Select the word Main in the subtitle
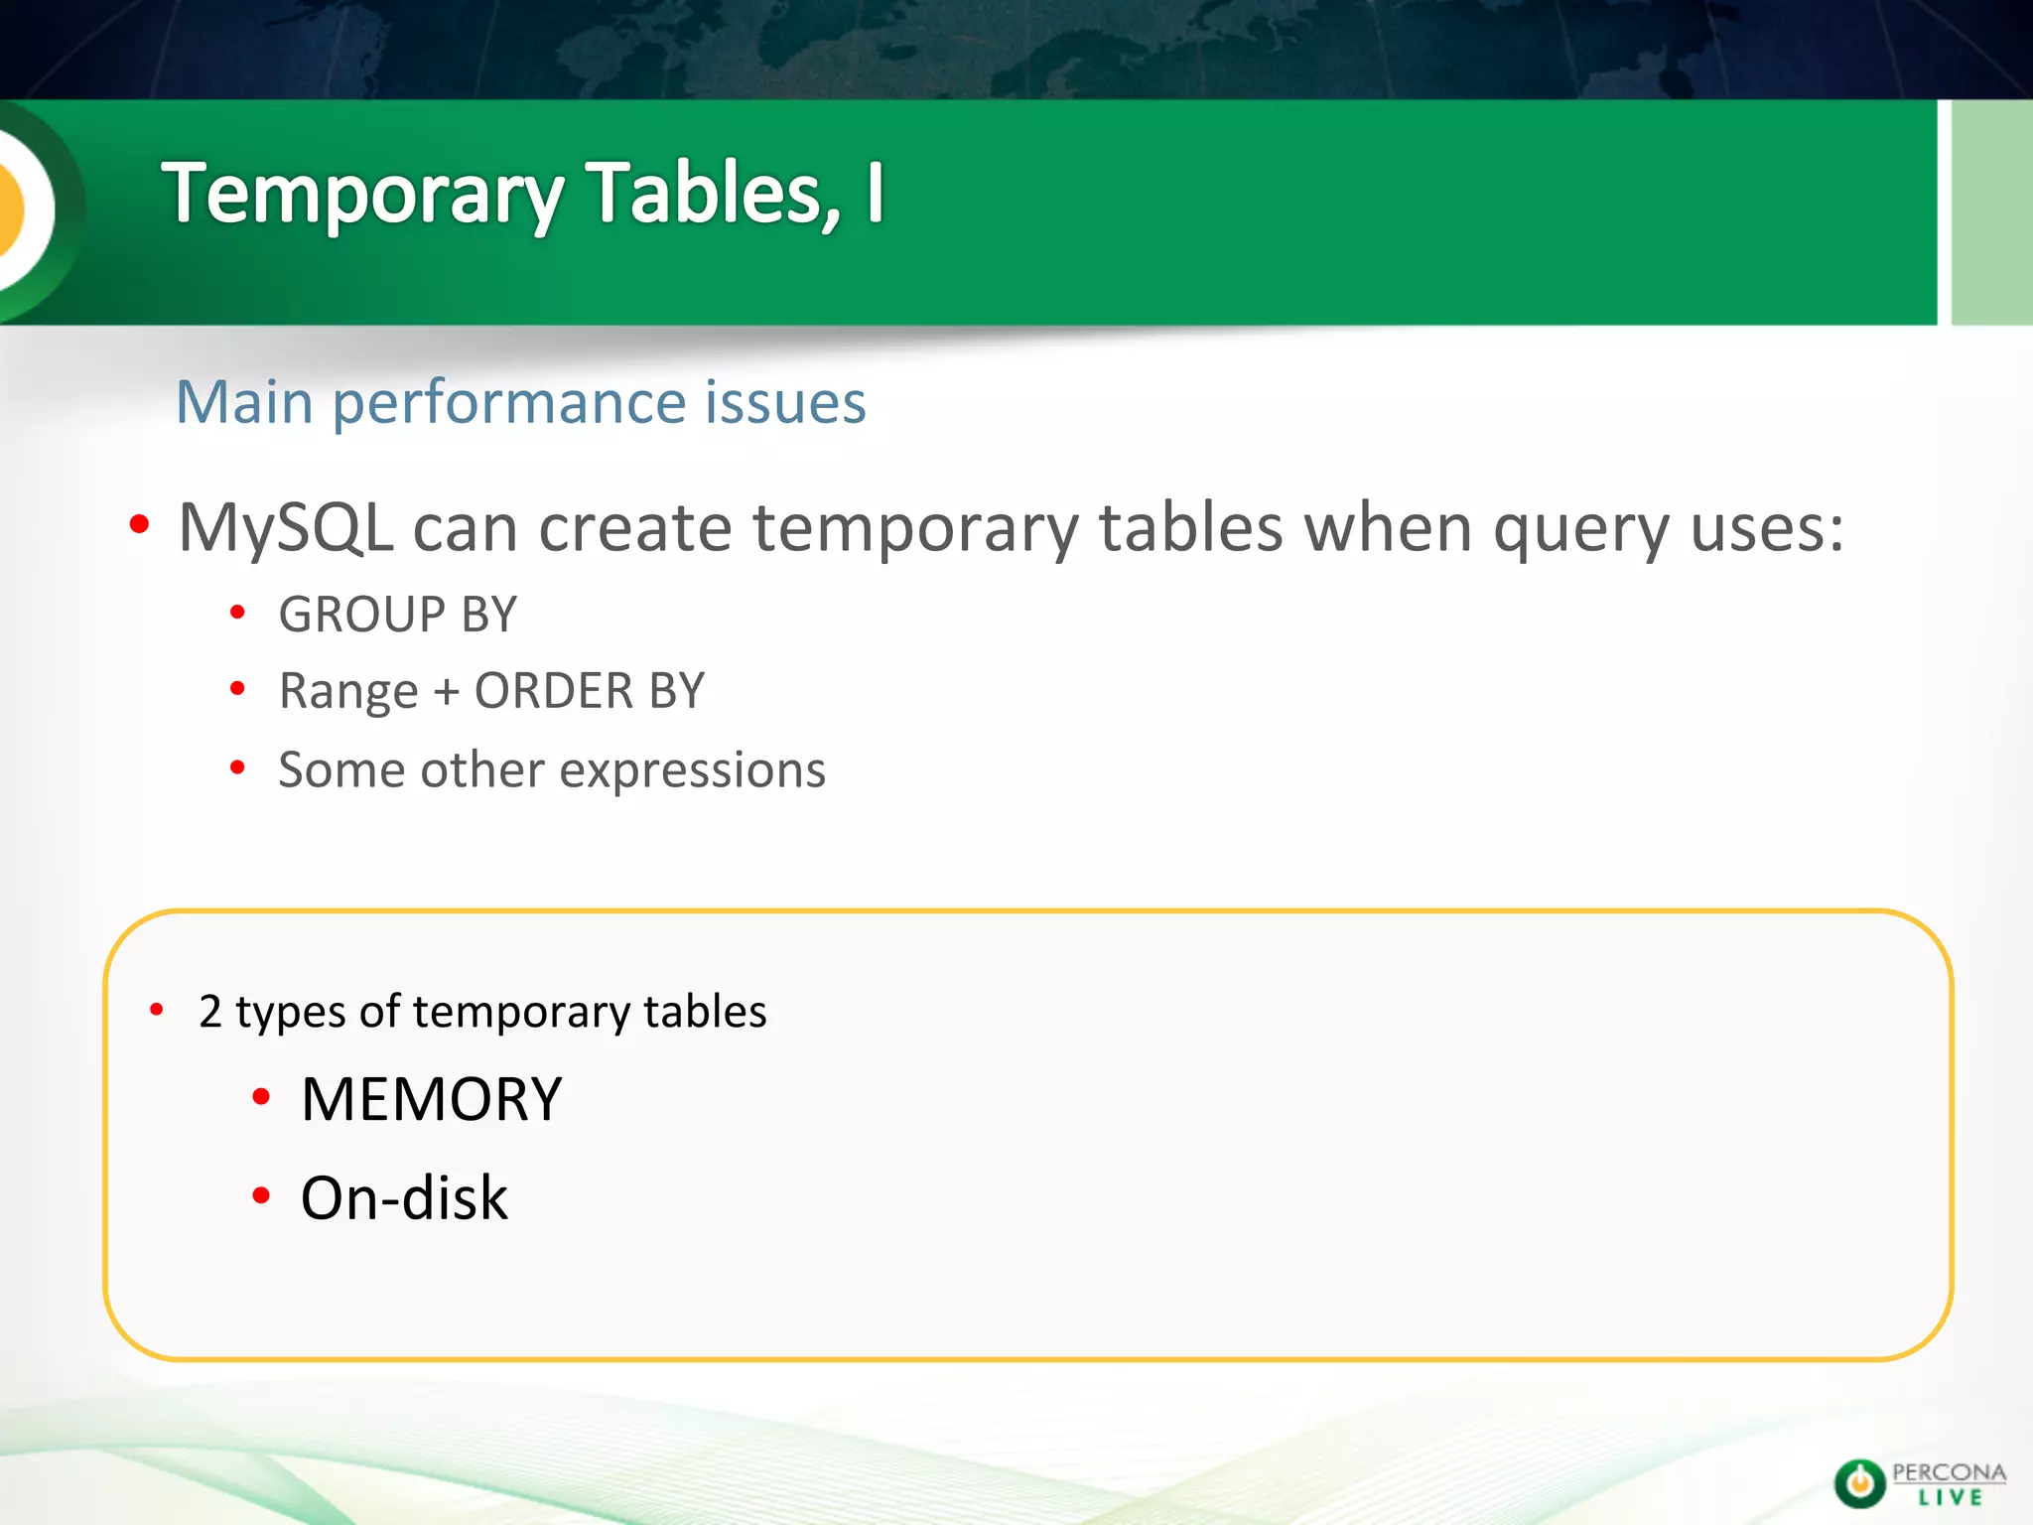[244, 402]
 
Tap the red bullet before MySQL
[139, 523]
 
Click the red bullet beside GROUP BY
[237, 613]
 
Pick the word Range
[348, 691]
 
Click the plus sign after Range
[447, 692]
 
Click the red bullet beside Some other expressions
[237, 767]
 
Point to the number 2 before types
[209, 1012]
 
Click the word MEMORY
[432, 1099]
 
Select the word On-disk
[404, 1197]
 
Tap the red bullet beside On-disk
[261, 1195]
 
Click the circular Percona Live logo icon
[1858, 1484]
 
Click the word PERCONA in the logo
[1949, 1472]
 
